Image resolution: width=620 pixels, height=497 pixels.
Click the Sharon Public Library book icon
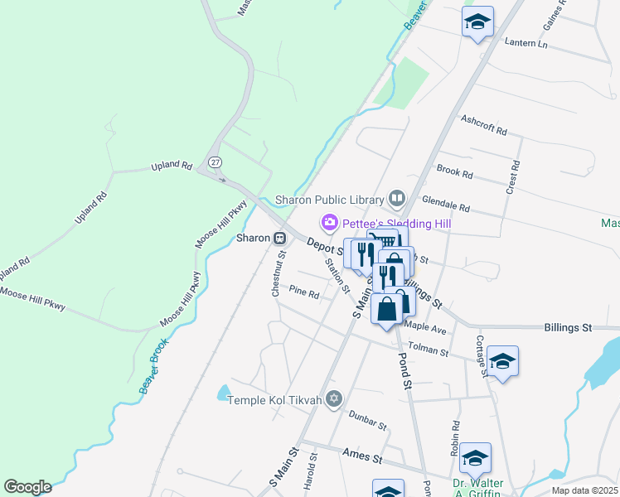coord(397,198)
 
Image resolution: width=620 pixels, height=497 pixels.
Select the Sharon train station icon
coord(280,238)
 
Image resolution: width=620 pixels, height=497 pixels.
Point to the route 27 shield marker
coord(215,162)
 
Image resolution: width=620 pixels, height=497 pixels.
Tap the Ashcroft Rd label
coord(484,124)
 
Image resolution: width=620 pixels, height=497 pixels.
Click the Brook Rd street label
coord(454,172)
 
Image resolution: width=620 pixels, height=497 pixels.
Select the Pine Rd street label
coord(304,292)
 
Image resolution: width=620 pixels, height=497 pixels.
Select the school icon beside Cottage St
coord(502,360)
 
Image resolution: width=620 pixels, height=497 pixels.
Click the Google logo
coord(27,486)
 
